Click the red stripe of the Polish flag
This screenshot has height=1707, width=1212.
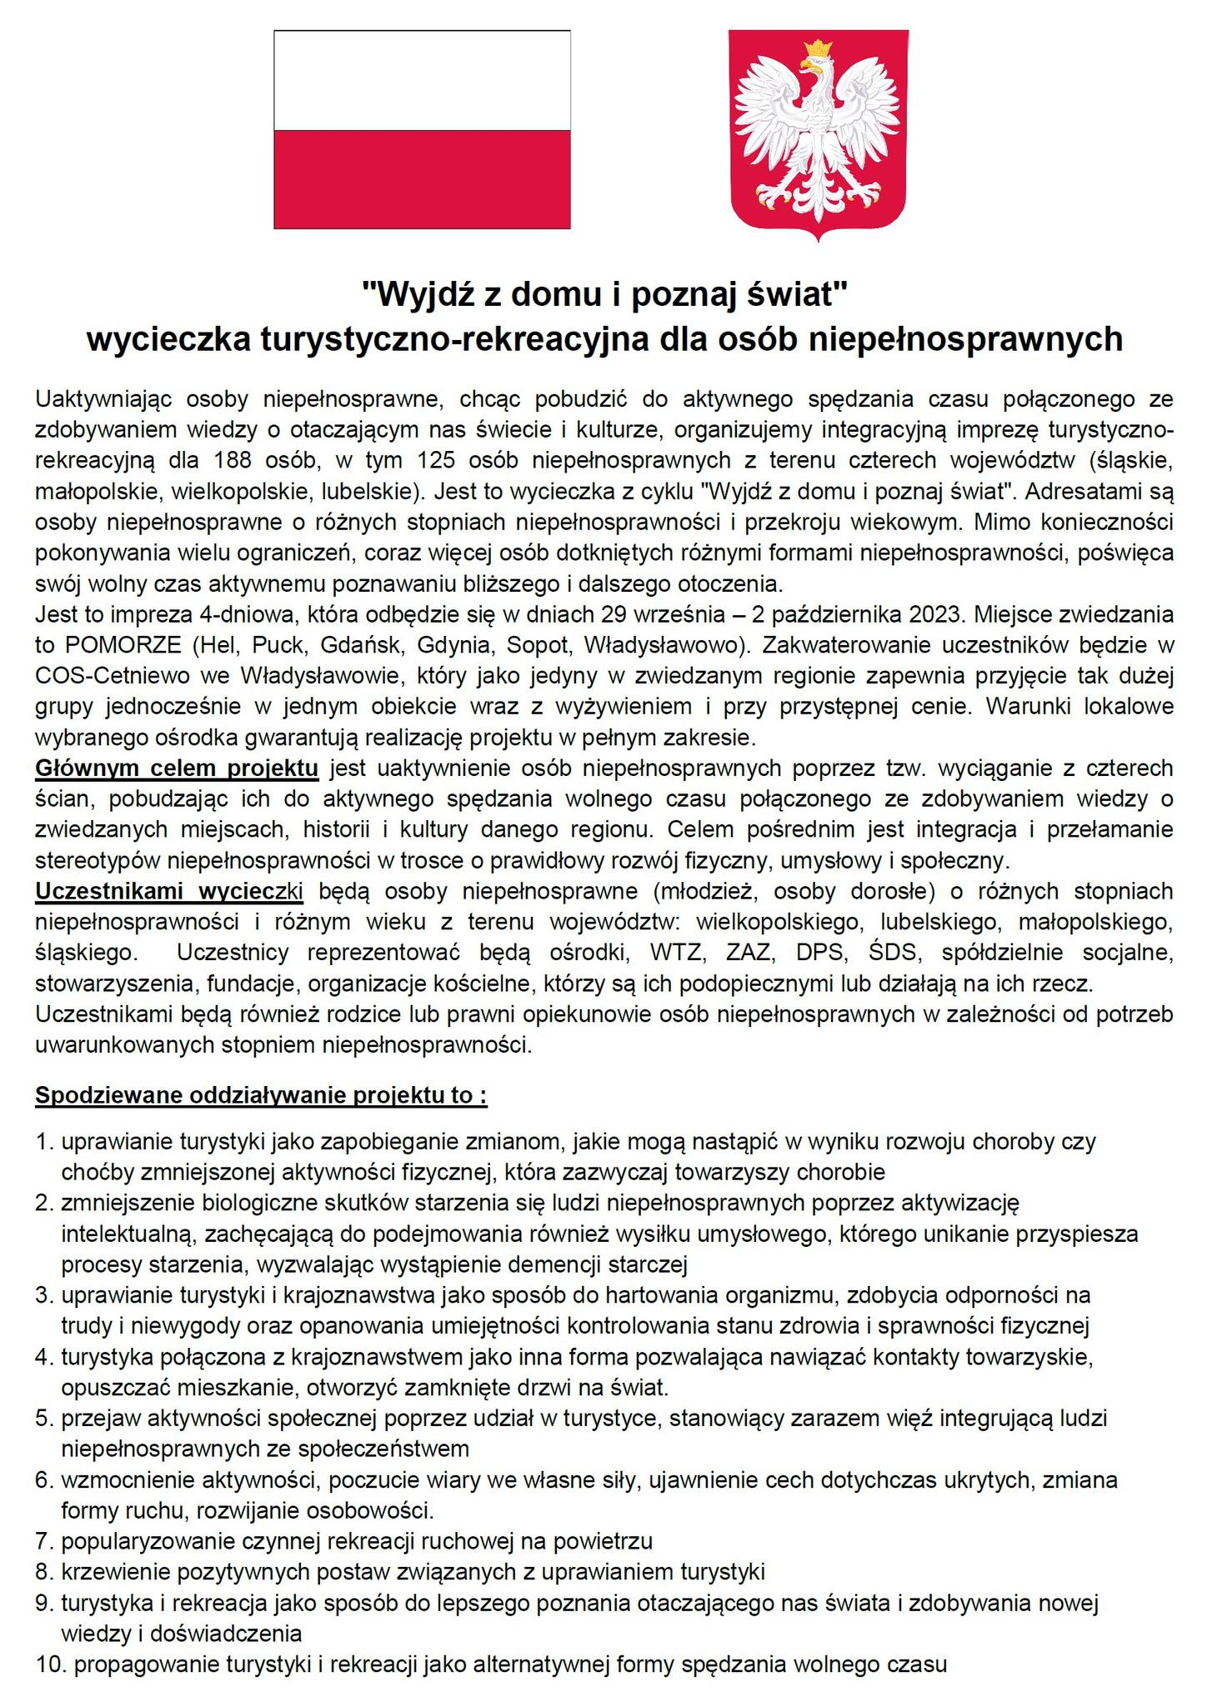pyautogui.click(x=422, y=178)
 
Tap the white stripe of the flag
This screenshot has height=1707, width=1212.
pyautogui.click(x=422, y=80)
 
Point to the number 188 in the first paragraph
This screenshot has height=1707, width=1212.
pyautogui.click(x=233, y=461)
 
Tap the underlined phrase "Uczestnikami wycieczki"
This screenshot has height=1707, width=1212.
pyautogui.click(x=169, y=891)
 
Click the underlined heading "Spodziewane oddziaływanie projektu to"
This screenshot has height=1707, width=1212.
pyautogui.click(x=260, y=1094)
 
